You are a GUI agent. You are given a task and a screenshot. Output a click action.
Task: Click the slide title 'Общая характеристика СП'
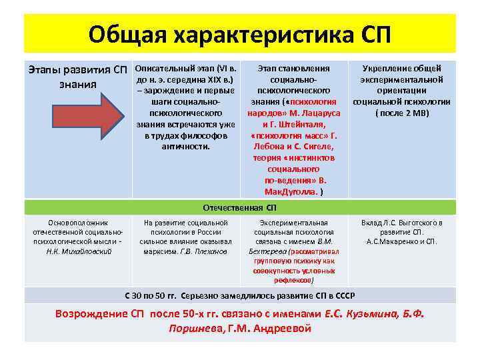240,33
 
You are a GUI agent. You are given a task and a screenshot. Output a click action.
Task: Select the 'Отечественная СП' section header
240,207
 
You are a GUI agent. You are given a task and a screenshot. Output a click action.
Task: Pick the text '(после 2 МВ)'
402,113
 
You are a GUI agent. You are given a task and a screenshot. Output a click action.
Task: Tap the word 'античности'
185,146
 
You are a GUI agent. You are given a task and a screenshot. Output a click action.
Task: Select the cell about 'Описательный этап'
185,107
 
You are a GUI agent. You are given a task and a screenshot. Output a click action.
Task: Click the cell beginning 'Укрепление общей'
402,90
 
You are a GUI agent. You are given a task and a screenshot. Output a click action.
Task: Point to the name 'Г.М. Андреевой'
269,328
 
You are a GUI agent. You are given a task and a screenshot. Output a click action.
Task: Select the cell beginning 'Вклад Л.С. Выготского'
402,232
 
